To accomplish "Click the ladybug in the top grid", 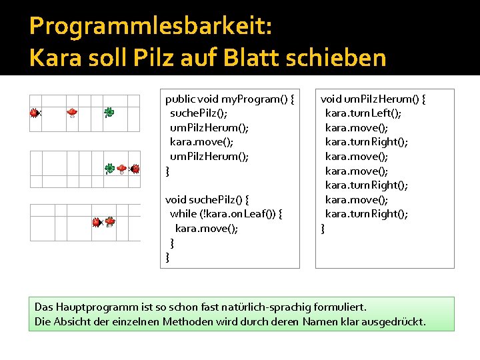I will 34,113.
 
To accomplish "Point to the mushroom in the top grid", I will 72,113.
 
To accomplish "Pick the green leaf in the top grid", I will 109,113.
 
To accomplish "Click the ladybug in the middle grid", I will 135,169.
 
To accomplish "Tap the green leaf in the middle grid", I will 109,169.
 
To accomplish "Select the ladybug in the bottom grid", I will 97,222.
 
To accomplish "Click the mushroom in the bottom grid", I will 110,221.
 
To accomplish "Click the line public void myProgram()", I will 230,99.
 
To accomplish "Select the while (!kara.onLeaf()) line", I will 227,213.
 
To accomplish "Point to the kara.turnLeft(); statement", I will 363,113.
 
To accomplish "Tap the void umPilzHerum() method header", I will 373,99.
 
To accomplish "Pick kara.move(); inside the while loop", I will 207,228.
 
